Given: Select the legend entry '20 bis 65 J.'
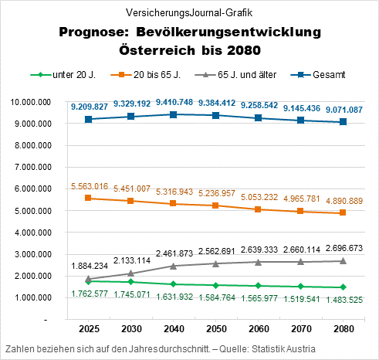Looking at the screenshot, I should click(x=155, y=76).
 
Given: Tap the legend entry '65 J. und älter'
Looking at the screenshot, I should click(x=240, y=76).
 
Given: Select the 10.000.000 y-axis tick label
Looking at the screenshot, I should click(x=29, y=102).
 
